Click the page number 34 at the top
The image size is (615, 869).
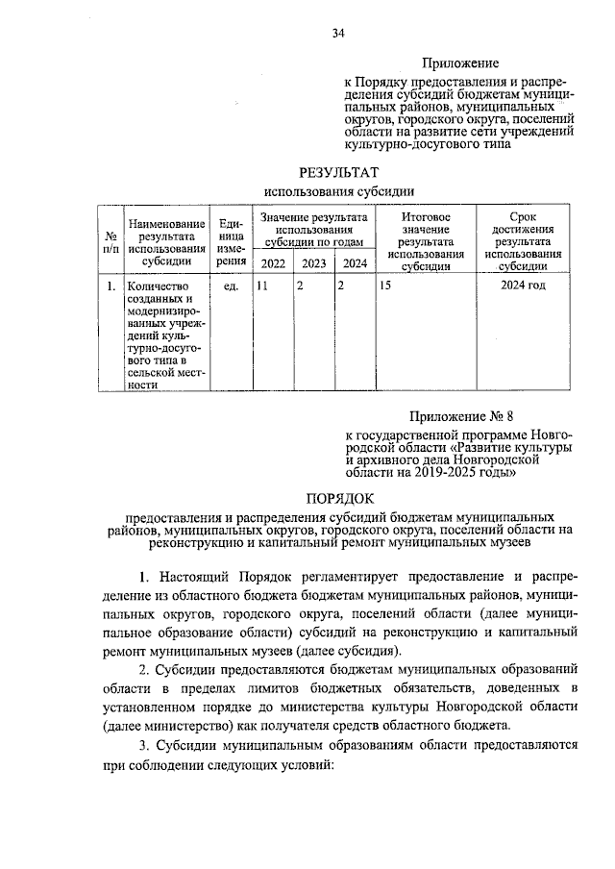(337, 33)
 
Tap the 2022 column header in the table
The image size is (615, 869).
(273, 263)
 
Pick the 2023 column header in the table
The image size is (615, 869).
(313, 263)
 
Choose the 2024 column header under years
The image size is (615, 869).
(355, 263)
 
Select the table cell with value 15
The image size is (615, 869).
(385, 286)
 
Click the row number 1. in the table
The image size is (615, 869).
(111, 286)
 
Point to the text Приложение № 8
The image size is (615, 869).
(456, 415)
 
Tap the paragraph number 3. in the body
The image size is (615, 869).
(145, 745)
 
